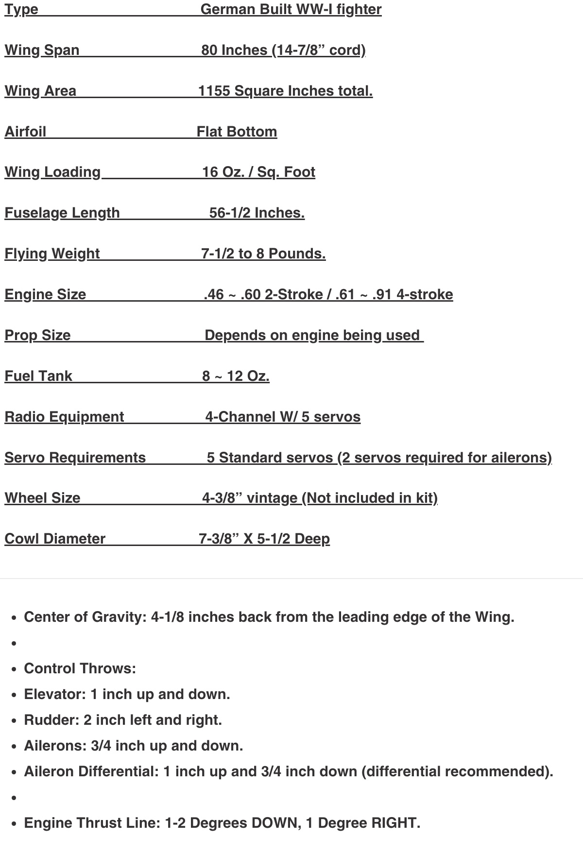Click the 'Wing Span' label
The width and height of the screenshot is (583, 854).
(x=42, y=51)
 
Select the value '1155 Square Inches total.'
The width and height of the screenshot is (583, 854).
(x=285, y=91)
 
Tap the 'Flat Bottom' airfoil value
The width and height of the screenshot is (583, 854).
(x=237, y=132)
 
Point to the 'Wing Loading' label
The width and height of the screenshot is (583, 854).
(x=52, y=172)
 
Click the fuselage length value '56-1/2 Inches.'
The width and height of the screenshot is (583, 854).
(x=257, y=213)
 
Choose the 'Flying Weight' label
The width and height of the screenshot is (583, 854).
(x=52, y=254)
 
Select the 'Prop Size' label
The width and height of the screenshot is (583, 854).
(x=37, y=336)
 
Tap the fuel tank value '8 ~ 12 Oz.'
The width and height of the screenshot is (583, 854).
(x=236, y=376)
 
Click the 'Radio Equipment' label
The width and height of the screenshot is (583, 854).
(x=64, y=417)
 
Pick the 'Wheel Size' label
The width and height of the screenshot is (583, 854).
(x=42, y=498)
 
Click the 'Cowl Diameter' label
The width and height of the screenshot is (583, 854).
(x=55, y=539)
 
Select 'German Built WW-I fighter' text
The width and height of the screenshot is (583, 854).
(x=291, y=10)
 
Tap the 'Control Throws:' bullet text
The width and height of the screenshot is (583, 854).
(x=80, y=669)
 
